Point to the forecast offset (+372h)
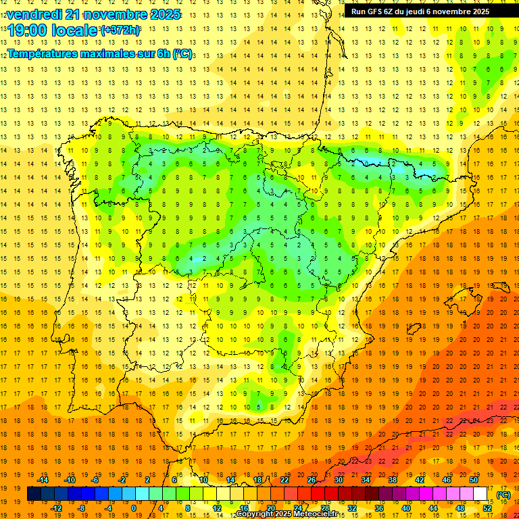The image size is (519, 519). (x=120, y=30)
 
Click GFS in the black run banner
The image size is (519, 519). (x=378, y=11)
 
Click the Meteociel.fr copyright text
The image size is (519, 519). (x=287, y=514)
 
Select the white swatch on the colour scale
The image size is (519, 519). (x=480, y=494)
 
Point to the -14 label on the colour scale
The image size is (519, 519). (x=43, y=480)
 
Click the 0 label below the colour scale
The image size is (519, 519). (x=134, y=508)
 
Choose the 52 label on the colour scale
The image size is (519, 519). (x=487, y=508)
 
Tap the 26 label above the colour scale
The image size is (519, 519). (x=312, y=480)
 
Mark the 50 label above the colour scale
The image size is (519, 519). (x=474, y=480)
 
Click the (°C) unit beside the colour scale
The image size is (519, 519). (x=503, y=495)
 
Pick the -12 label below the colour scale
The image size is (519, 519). (x=56, y=508)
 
